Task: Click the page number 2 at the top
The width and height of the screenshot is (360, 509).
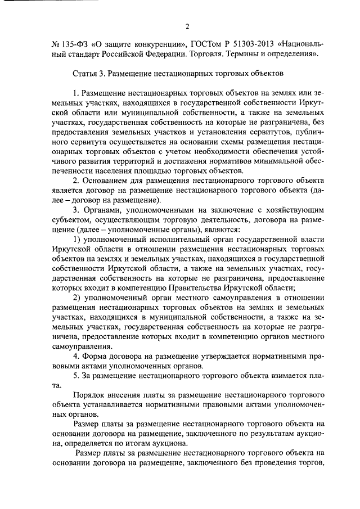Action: click(x=187, y=25)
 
